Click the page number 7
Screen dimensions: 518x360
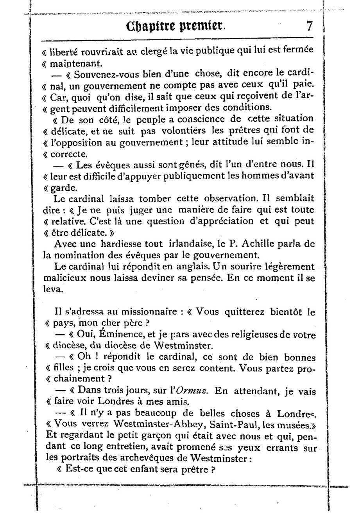(309, 26)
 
